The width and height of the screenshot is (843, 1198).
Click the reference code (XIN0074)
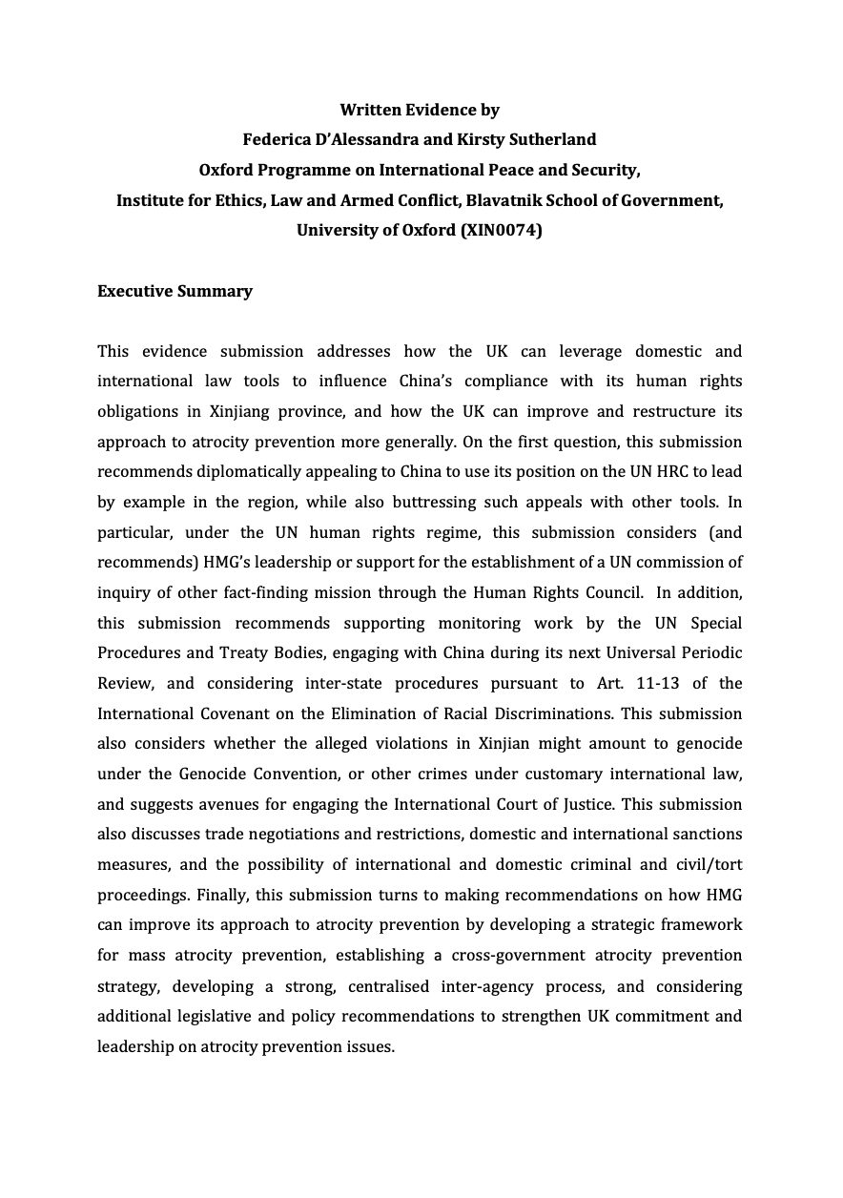pyautogui.click(x=501, y=231)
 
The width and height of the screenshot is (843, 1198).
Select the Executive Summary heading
pyautogui.click(x=175, y=291)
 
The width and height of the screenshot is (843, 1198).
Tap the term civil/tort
pyautogui.click(x=705, y=865)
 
